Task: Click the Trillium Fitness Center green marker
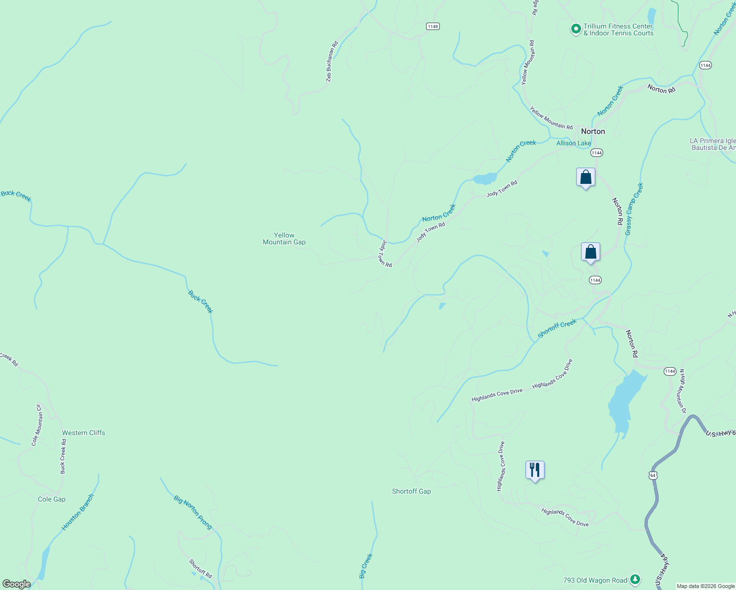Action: [576, 29]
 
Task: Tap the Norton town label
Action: [593, 131]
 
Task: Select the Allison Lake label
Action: [573, 144]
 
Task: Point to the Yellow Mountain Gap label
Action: [284, 238]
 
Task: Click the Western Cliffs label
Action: [84, 433]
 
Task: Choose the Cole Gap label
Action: [52, 499]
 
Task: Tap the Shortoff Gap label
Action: [411, 491]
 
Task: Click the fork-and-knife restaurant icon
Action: [535, 470]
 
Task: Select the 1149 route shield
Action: [432, 27]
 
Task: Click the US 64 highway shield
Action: [652, 475]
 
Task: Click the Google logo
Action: [16, 584]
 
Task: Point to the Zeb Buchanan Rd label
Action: [332, 61]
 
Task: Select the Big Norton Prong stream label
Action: [193, 512]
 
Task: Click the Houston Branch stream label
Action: [77, 512]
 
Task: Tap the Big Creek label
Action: [366, 565]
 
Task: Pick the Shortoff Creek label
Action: [557, 328]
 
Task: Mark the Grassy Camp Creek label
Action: [634, 209]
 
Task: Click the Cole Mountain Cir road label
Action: [37, 425]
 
